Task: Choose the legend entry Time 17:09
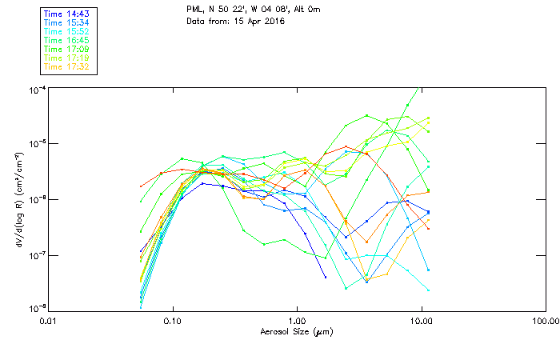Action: point(66,50)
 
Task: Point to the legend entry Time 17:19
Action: point(66,58)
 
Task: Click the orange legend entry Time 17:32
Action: point(66,67)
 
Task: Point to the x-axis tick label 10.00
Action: point(421,320)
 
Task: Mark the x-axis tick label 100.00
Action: point(543,320)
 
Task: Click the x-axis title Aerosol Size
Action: point(296,330)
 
